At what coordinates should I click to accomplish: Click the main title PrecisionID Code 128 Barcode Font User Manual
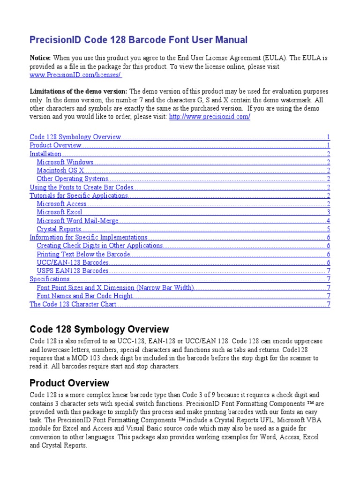coord(138,40)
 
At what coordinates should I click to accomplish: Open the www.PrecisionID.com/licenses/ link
coord(75,75)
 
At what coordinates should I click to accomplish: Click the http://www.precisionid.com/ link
coord(209,117)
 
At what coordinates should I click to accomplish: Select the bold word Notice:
coord(40,58)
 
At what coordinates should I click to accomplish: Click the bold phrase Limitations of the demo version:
coord(78,91)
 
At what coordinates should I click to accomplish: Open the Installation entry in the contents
coord(45,154)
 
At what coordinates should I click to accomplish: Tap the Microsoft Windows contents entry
coord(65,162)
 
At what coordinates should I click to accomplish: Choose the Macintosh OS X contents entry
coord(60,171)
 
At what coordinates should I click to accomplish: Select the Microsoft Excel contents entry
coord(60,212)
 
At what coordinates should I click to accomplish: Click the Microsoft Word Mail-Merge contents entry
coord(77,221)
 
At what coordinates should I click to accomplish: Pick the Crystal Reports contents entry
coord(59,229)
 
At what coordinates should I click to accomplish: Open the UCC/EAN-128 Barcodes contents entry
coord(73,262)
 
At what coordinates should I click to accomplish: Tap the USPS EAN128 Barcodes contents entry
coord(73,271)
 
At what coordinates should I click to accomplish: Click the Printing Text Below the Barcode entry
coord(83,254)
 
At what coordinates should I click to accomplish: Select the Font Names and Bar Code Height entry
coord(85,296)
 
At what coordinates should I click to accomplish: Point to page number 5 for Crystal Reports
coord(329,229)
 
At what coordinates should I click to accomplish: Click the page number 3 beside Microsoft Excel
coord(329,212)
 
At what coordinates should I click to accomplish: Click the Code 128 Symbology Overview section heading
coord(99,329)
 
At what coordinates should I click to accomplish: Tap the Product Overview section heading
coord(69,383)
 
